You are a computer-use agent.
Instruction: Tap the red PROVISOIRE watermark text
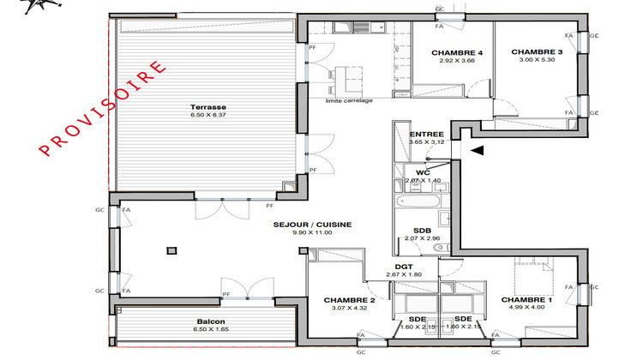click(x=104, y=109)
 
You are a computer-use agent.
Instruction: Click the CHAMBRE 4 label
click(x=456, y=53)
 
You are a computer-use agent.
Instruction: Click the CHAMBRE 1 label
click(x=526, y=299)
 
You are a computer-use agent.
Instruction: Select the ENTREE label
click(x=426, y=135)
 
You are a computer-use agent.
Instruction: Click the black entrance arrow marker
click(x=476, y=151)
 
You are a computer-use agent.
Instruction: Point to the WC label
click(x=422, y=172)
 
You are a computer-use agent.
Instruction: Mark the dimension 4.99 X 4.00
click(x=526, y=307)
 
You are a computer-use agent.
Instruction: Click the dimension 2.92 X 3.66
click(x=456, y=61)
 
